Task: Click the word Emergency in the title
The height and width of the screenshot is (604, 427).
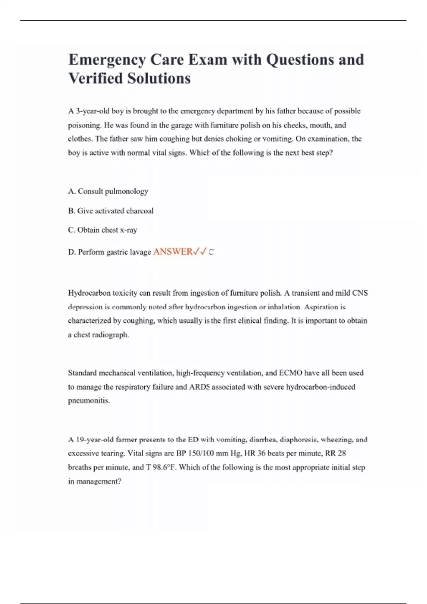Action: (107, 60)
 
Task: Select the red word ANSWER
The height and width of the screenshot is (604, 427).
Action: (173, 252)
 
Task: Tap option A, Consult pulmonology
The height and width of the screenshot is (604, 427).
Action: (108, 191)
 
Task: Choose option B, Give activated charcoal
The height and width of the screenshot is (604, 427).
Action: (111, 211)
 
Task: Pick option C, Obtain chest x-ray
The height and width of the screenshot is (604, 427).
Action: (102, 230)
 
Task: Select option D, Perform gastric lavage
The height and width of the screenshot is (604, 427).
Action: (110, 252)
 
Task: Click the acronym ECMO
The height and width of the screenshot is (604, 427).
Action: (290, 373)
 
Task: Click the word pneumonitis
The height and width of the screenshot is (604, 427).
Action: (89, 400)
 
